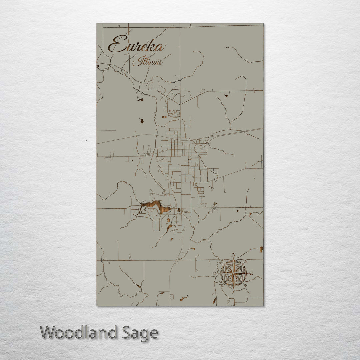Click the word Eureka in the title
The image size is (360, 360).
pos(136,45)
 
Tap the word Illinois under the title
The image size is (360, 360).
pos(147,62)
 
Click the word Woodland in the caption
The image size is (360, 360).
pos(78,333)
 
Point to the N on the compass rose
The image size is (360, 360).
pos(234,255)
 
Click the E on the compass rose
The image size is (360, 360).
pos(251,273)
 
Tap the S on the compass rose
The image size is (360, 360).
pos(233,291)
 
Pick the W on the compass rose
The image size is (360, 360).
pos(215,273)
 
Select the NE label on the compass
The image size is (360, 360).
pos(246,261)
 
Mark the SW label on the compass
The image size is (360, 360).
pos(221,285)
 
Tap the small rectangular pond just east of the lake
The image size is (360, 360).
pos(179,210)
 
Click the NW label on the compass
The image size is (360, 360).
pos(221,261)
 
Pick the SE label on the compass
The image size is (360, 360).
pos(246,286)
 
